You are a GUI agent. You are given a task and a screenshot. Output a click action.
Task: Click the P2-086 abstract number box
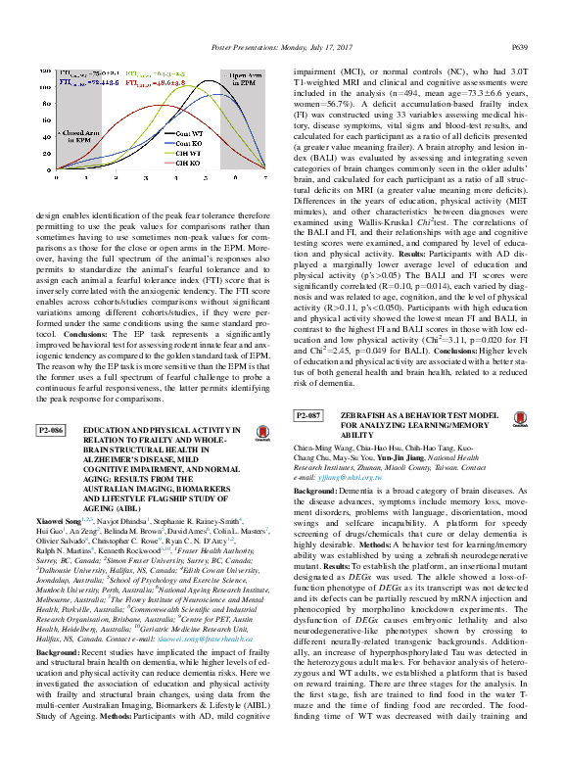click(50, 431)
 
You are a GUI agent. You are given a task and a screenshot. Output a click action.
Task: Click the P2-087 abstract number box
click(309, 416)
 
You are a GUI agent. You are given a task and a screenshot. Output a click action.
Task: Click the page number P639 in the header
click(520, 46)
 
